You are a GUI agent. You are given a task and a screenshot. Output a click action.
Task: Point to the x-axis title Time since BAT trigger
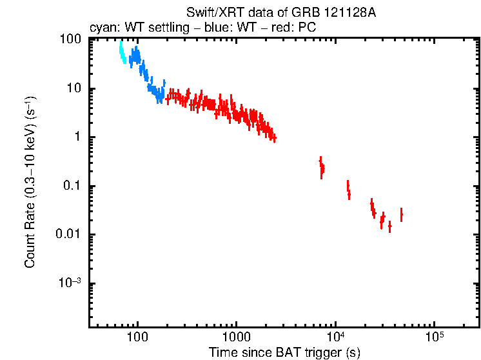click(x=284, y=352)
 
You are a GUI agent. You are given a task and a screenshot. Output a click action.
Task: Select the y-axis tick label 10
click(x=74, y=88)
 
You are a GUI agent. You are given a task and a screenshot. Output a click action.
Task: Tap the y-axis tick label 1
click(x=77, y=137)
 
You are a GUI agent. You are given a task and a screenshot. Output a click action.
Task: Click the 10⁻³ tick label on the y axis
click(x=70, y=283)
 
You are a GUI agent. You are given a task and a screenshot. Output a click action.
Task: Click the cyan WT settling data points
click(x=123, y=54)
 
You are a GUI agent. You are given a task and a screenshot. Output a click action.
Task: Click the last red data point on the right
click(x=402, y=214)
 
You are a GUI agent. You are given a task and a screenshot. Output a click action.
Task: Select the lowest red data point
click(x=389, y=227)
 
